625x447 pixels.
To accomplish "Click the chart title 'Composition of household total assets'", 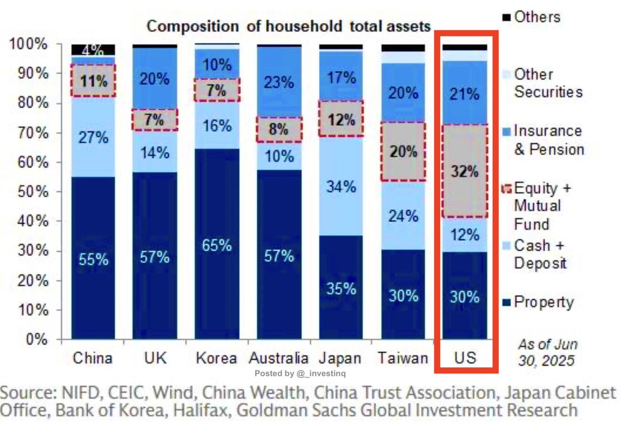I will [x=289, y=26].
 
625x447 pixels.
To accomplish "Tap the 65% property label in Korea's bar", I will [x=217, y=245].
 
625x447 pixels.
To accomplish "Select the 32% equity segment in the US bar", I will [x=465, y=171].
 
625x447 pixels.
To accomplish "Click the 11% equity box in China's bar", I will [x=94, y=81].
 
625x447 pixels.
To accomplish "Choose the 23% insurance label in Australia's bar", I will [x=279, y=84].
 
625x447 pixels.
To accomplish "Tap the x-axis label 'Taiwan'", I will [x=403, y=359].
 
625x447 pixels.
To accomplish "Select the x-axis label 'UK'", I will [x=155, y=359].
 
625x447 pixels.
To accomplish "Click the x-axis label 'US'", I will [x=465, y=359].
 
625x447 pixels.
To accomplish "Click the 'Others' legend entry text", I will [x=537, y=17].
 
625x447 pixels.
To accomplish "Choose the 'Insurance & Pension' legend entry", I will [x=548, y=140].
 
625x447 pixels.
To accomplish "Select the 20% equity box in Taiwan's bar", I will [x=404, y=151].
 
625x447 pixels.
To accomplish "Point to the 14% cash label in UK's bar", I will [x=155, y=153].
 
